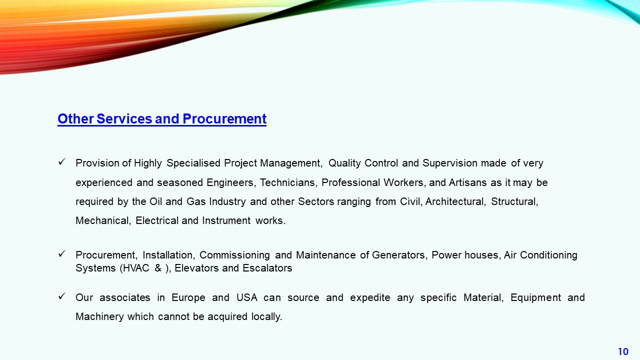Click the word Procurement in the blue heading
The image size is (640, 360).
tap(224, 119)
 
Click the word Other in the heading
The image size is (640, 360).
tap(75, 119)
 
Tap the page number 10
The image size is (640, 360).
tap(623, 351)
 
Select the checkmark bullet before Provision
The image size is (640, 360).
tap(61, 162)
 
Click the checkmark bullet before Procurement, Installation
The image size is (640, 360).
tap(61, 253)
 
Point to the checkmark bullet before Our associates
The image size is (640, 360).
tap(61, 296)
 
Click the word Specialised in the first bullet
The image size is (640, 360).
tap(193, 163)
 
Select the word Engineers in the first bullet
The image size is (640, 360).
tap(231, 182)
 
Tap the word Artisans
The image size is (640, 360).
tap(467, 182)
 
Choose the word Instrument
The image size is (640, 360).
tap(226, 221)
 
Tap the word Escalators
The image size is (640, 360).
tap(267, 268)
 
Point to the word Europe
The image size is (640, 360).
tap(188, 298)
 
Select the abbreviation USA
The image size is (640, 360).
tap(247, 297)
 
